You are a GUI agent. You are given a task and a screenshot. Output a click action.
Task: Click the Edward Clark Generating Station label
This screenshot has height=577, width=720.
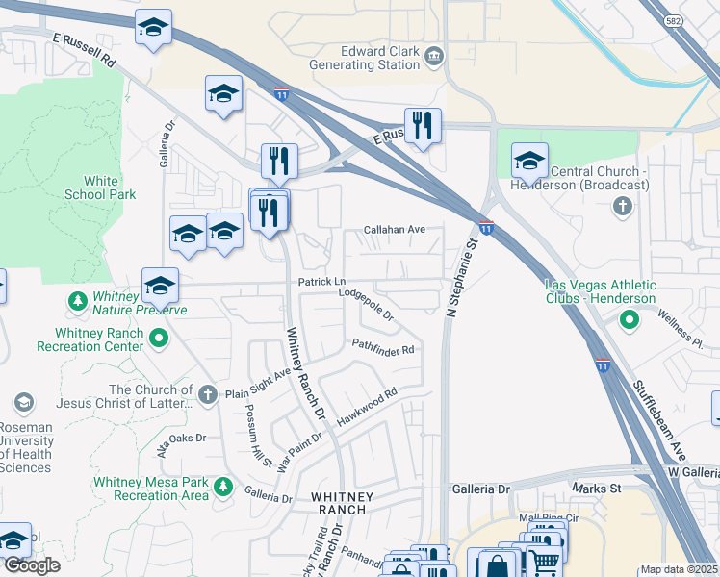tap(365, 57)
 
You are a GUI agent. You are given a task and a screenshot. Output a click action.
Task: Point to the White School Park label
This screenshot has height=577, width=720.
tap(100, 188)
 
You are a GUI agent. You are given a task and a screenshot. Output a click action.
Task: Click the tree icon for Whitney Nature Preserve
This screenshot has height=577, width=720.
tap(76, 302)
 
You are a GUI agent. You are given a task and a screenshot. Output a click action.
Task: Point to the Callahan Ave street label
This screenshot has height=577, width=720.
tap(394, 230)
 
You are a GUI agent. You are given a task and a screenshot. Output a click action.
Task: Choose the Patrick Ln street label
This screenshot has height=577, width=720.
tap(321, 282)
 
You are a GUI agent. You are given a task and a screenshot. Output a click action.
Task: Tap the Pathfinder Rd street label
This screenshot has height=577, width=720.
tap(382, 348)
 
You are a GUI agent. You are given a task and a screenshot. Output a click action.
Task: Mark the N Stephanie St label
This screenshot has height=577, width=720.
tap(463, 278)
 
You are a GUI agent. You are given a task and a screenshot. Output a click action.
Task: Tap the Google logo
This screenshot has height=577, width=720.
tap(32, 564)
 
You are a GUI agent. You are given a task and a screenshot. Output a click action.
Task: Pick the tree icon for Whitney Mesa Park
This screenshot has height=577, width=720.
tap(223, 487)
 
